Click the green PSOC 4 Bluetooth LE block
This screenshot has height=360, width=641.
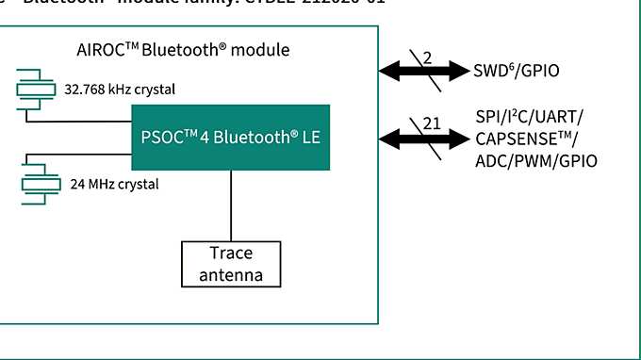click(230, 138)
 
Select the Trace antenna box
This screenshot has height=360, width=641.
click(231, 264)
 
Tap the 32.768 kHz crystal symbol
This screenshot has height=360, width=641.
click(37, 89)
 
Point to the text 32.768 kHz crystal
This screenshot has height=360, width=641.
click(120, 90)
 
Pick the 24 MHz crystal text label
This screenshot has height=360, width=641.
click(114, 184)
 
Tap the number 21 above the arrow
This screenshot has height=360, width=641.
click(432, 122)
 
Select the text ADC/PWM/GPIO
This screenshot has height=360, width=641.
click(536, 161)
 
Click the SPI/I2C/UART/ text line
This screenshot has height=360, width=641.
click(530, 117)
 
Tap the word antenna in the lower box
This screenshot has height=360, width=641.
click(231, 275)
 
